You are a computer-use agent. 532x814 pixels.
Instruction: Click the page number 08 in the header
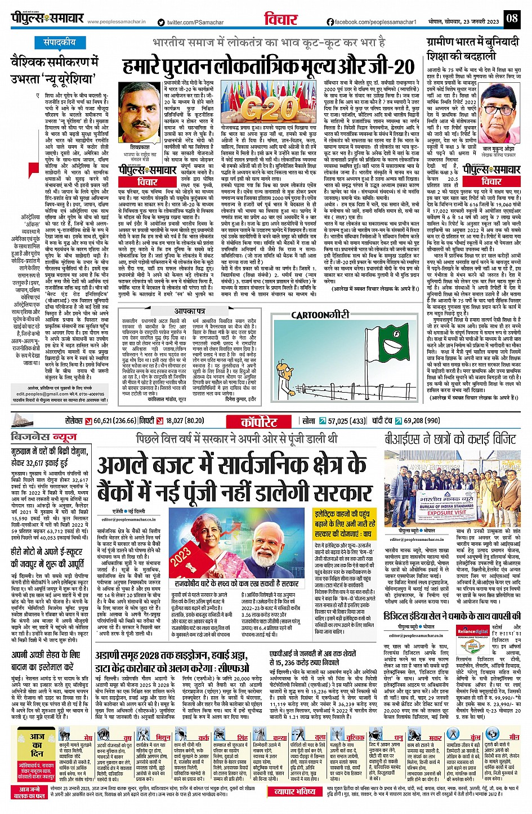(x=511, y=18)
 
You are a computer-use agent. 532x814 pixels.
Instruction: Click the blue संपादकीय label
(x=60, y=42)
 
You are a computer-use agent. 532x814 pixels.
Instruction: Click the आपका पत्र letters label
(x=189, y=310)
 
